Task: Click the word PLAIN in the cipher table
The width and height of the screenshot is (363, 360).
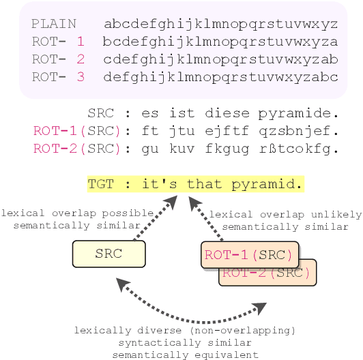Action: (x=54, y=24)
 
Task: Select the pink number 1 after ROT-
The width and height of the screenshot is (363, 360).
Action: (x=81, y=42)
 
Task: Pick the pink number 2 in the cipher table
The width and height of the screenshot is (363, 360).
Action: (x=81, y=59)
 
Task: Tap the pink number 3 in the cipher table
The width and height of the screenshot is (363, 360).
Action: (x=81, y=77)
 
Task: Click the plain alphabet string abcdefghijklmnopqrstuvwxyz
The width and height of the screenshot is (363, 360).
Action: (x=220, y=24)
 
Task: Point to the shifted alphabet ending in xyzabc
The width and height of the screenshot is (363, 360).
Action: (x=220, y=77)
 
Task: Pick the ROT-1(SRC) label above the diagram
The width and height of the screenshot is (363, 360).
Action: (x=76, y=130)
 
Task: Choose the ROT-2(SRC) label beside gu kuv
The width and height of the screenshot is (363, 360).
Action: (x=76, y=147)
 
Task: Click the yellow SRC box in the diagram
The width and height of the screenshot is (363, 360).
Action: (x=108, y=254)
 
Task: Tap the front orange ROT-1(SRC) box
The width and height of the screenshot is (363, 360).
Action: (x=250, y=255)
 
